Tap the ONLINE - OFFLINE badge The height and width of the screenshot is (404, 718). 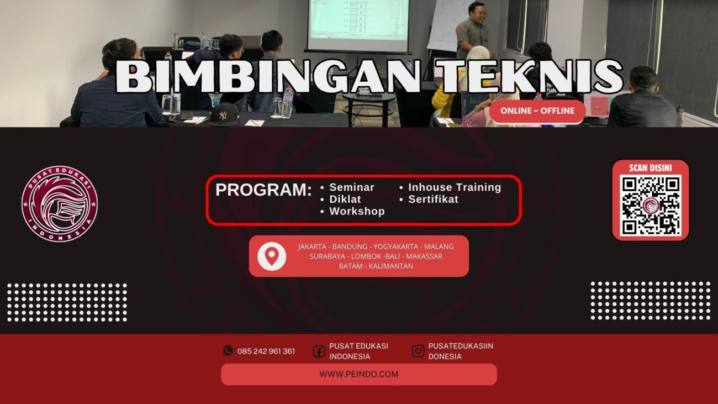coord(537,111)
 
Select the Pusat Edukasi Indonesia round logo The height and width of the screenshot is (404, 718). coord(60,204)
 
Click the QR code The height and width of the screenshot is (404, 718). coord(651,205)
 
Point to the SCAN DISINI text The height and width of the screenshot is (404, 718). coord(651,167)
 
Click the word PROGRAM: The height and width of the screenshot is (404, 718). coord(263,190)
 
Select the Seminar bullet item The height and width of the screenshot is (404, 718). coord(352,187)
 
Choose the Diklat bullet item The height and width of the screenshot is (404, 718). coord(345,199)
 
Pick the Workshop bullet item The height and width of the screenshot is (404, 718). coord(357,211)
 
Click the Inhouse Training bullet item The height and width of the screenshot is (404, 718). coord(455,187)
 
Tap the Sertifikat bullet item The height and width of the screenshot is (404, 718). coord(433,199)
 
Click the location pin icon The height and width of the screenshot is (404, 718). coord(272,256)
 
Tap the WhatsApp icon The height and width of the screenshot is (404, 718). coord(228,351)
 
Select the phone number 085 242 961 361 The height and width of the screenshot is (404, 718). coord(266,351)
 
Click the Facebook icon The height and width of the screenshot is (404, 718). coord(319,351)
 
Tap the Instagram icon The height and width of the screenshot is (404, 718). coord(418,351)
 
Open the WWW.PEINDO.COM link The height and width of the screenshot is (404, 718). coord(359,374)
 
